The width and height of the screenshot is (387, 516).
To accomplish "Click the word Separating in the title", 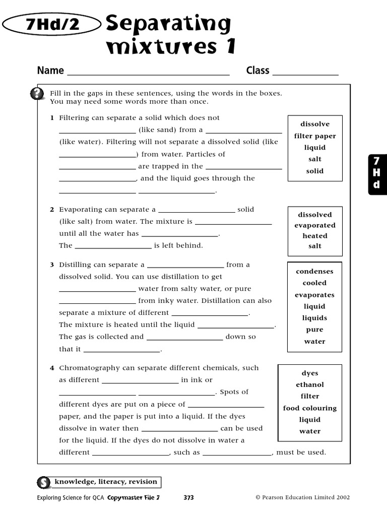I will (x=168, y=24).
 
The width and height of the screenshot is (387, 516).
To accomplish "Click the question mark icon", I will (x=37, y=94).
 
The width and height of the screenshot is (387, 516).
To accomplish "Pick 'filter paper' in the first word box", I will (x=315, y=136).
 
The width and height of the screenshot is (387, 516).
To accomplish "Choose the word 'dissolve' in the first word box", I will (x=315, y=124).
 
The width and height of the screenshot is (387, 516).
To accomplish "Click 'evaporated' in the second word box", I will (x=315, y=225).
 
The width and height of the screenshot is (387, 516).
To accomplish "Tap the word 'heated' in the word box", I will (x=315, y=236).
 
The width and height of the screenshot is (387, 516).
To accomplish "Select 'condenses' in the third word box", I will (x=314, y=271).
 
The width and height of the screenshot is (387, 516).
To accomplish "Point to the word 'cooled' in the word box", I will (x=314, y=283).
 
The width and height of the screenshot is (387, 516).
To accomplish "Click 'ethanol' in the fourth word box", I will (x=310, y=384).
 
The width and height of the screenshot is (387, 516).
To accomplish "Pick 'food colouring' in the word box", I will (x=310, y=408).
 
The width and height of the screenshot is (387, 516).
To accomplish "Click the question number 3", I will (x=52, y=265).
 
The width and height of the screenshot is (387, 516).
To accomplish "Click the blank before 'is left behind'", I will (x=113, y=246).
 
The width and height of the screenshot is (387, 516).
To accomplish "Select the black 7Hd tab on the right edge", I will (x=376, y=173).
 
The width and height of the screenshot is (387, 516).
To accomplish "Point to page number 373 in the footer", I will (x=188, y=497).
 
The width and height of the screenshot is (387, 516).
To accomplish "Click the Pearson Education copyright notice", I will (x=302, y=497).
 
